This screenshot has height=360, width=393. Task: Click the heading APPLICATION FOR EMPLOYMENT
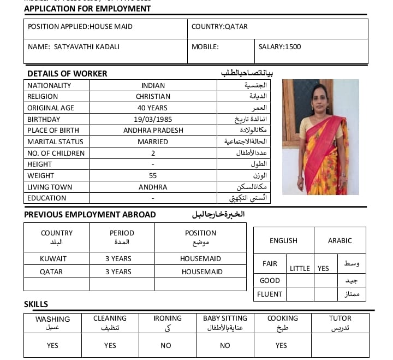pos(87,9)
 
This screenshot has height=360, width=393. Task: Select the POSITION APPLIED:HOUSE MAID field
pos(80,27)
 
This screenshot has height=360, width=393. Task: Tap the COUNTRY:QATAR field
pos(219,27)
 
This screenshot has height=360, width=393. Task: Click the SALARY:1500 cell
pos(279,47)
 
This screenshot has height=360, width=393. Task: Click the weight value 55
pos(153,176)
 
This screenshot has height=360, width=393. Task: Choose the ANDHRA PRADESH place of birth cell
pos(153,131)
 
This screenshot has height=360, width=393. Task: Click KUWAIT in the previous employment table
pos(53,259)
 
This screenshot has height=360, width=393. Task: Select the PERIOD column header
pos(122,233)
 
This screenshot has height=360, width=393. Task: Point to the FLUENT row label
pos(270,294)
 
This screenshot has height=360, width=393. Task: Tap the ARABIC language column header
pos(340,241)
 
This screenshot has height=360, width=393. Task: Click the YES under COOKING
pos(281,346)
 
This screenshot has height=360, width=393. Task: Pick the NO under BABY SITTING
pos(225,346)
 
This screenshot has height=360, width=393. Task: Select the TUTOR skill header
pos(340,318)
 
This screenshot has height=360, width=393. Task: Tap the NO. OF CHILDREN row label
pos(56,154)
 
